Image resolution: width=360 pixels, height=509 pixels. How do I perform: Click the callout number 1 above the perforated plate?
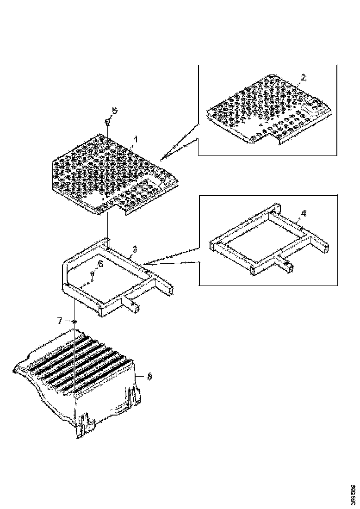pyautogui.click(x=136, y=138)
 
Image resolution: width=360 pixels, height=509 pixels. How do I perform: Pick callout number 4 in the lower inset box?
pyautogui.click(x=303, y=213)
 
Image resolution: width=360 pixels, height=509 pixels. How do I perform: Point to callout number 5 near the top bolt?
pyautogui.click(x=115, y=111)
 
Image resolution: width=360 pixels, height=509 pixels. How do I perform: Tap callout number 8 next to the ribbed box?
pyautogui.click(x=149, y=377)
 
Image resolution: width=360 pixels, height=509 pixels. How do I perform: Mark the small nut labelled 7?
pyautogui.click(x=74, y=321)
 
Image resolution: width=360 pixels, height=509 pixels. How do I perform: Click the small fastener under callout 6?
pyautogui.click(x=93, y=275)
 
